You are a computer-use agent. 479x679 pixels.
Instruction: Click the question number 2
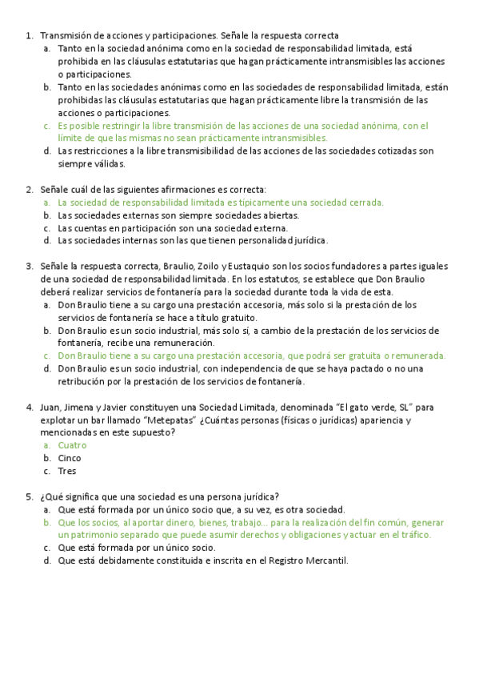(x=29, y=190)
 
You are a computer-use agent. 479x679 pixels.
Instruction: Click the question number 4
(x=29, y=407)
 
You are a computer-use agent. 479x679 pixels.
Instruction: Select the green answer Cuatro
(x=72, y=445)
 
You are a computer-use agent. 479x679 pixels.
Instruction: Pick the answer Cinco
(x=70, y=458)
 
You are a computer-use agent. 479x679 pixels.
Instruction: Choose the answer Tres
(x=67, y=471)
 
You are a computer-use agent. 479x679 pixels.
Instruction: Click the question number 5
(x=29, y=496)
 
